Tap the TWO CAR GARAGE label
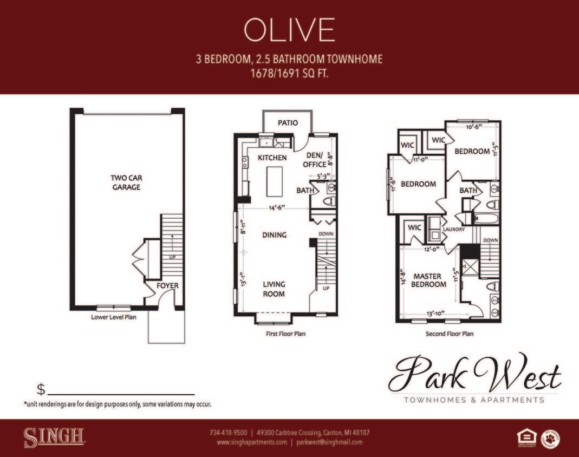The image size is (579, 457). click(126, 182)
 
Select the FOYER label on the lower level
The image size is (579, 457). click(167, 286)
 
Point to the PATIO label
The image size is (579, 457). click(288, 123)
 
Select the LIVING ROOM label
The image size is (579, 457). click(274, 289)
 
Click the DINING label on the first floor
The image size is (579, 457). click(274, 235)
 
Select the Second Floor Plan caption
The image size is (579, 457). click(449, 334)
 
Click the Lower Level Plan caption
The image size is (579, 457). click(114, 317)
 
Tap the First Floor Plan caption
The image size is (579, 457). click(285, 334)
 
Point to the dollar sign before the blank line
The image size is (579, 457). click(41, 389)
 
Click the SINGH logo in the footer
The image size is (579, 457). click(54, 436)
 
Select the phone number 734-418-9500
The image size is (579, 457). click(228, 433)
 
